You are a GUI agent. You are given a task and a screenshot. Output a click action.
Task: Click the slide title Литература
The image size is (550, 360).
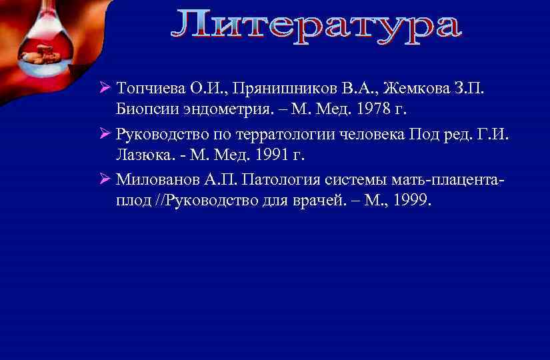click(x=315, y=26)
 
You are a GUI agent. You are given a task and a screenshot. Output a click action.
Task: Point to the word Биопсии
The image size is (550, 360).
click(x=143, y=109)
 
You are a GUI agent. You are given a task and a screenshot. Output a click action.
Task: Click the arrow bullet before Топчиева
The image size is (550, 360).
click(x=103, y=89)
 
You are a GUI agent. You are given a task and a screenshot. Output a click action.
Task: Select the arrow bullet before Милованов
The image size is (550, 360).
click(x=103, y=179)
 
